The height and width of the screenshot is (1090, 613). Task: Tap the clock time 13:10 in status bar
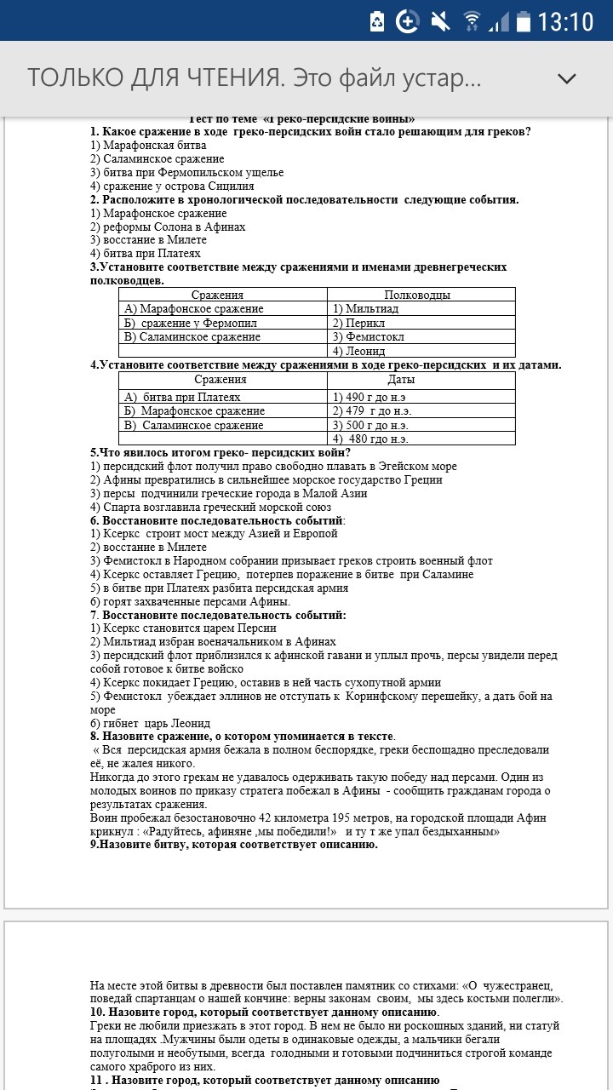pyautogui.click(x=565, y=21)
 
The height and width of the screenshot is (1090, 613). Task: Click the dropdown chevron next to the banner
pyautogui.click(x=566, y=78)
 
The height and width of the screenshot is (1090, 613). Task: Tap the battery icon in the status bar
pyautogui.click(x=523, y=21)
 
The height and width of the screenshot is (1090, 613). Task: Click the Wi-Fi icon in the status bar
pyautogui.click(x=472, y=21)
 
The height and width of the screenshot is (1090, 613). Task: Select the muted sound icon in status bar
pyautogui.click(x=441, y=21)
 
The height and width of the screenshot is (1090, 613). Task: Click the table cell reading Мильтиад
pyautogui.click(x=366, y=309)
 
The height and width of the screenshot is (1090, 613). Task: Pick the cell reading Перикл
pyautogui.click(x=358, y=323)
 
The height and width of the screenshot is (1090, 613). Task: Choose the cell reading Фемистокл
pyautogui.click(x=370, y=336)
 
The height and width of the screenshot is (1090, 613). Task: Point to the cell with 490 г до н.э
pyautogui.click(x=370, y=398)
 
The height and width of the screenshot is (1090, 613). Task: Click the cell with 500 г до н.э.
pyautogui.click(x=371, y=425)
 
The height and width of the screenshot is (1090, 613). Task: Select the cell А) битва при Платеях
pyautogui.click(x=182, y=398)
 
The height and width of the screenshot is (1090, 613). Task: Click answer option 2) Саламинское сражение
pyautogui.click(x=158, y=158)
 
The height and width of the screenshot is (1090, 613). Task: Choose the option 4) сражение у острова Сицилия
pyautogui.click(x=172, y=186)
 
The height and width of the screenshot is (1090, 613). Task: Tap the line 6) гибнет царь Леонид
pyautogui.click(x=150, y=723)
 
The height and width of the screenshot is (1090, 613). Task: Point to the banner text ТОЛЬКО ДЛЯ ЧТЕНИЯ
pyautogui.click(x=155, y=78)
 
